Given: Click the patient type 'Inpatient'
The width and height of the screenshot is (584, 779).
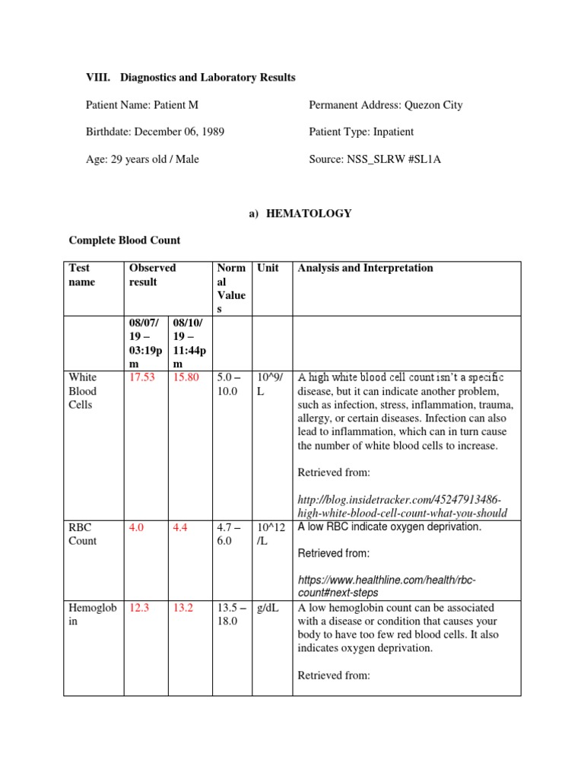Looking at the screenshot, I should click(393, 132).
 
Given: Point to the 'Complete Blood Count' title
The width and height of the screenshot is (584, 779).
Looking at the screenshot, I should click(125, 240).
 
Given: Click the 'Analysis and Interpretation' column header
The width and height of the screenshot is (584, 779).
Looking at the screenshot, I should click(365, 268).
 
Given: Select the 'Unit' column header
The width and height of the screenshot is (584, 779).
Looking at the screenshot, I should click(268, 268).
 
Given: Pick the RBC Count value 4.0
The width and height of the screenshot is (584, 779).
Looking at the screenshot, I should click(136, 526).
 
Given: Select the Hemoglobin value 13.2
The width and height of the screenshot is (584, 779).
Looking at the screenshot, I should click(184, 608).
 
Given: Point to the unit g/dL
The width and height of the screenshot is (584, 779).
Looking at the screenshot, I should click(268, 608).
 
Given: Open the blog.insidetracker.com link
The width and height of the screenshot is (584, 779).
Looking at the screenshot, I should click(399, 506).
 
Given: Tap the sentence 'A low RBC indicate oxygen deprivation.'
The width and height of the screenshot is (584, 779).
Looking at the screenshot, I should click(389, 526).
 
